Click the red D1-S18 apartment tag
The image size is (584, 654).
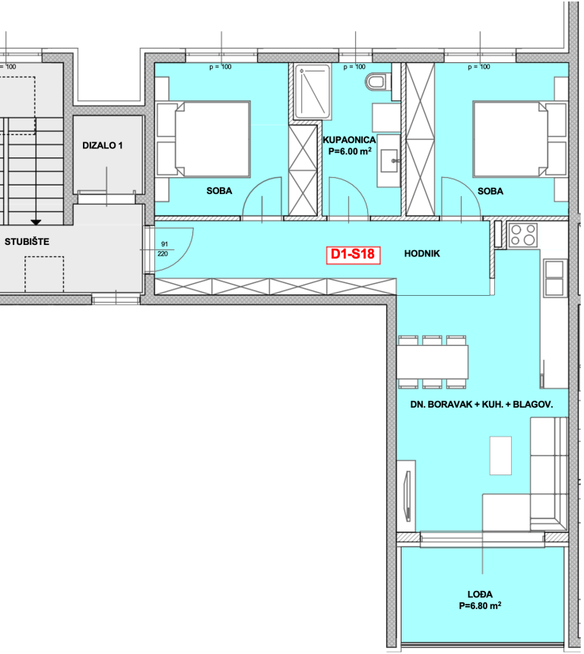[x=353, y=255]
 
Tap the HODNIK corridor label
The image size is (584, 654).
[x=422, y=253]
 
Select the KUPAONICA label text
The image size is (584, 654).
[x=349, y=140]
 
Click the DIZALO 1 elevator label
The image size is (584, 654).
[x=102, y=145]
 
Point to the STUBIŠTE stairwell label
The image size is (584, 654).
[x=27, y=242]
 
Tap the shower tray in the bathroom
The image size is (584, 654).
[x=313, y=92]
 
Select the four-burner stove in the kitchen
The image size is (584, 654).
[x=523, y=235]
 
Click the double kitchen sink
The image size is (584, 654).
[x=555, y=278]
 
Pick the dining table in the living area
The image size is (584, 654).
[x=432, y=362]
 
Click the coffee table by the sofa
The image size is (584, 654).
[x=500, y=456]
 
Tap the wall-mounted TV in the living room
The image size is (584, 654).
[x=408, y=496]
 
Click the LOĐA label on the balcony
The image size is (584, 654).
[x=480, y=595]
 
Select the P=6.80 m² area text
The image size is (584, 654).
[x=480, y=605]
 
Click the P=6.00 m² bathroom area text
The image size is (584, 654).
[x=350, y=151]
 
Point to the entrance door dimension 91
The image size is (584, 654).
[x=164, y=244]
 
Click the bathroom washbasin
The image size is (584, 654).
[x=389, y=160]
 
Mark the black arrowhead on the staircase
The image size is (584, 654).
[x=36, y=222]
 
